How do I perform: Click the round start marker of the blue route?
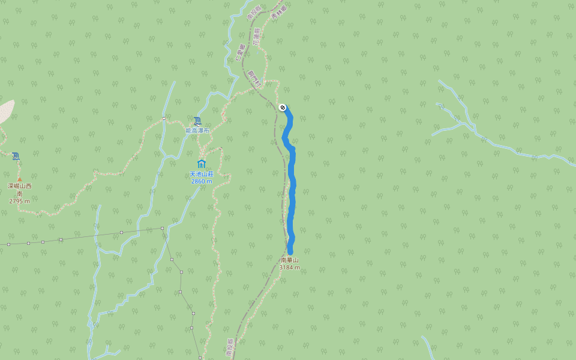[x=282, y=107]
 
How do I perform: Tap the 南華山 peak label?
[x=289, y=260]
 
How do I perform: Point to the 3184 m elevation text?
[x=289, y=268]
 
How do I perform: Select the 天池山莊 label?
[x=201, y=174]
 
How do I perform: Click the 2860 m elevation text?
[x=201, y=181]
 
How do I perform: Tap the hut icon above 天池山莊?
[x=201, y=164]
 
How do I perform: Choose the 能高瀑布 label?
[x=197, y=130]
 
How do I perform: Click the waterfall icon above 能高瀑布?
[x=197, y=121]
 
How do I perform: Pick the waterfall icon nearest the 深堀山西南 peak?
[x=16, y=156]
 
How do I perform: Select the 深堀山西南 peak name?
[x=19, y=190]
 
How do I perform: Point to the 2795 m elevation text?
[x=19, y=201]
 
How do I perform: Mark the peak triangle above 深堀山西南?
[x=19, y=179]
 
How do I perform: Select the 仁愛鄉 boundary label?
[x=241, y=53]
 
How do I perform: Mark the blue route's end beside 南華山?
[x=290, y=251]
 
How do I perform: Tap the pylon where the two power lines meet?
[x=162, y=228]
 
